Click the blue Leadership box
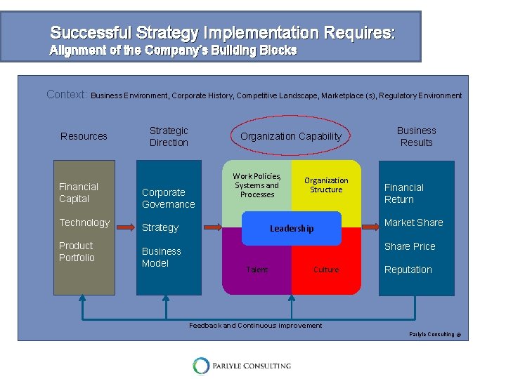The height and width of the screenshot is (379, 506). coord(292,228)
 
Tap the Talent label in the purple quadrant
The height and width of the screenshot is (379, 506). coord(257,270)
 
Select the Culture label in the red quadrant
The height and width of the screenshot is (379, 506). coord(326,270)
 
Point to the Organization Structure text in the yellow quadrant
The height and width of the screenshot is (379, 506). coord(326,185)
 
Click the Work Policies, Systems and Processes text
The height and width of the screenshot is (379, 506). coord(257,185)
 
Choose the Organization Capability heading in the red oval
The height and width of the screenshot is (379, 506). coord(291,136)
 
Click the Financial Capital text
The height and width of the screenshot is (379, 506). coord(79,193)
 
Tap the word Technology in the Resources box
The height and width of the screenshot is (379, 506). coord(84,222)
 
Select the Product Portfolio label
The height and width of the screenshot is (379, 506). coord(76,252)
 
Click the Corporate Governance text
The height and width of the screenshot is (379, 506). coord(168,199)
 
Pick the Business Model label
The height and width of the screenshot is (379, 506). coord(161,258)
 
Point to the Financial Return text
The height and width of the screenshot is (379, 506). coord(404,194)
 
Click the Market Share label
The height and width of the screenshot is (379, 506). coord(414,222)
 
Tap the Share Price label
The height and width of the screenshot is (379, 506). coord(410,246)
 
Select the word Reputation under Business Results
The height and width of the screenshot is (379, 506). coord(408,270)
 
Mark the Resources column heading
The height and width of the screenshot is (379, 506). coord(84,136)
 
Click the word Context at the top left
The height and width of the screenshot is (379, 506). coord(67,94)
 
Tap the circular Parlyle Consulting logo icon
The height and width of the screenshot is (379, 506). coord(202,366)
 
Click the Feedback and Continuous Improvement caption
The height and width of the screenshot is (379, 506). coord(256,326)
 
